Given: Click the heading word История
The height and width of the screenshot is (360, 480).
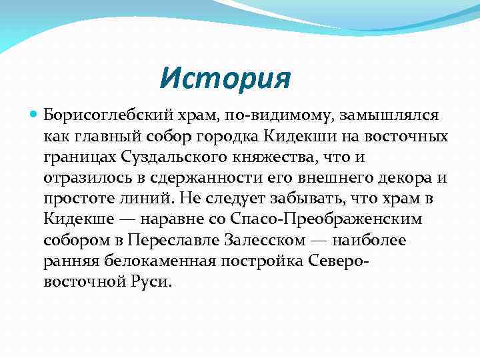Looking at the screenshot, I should tap(225, 79).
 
